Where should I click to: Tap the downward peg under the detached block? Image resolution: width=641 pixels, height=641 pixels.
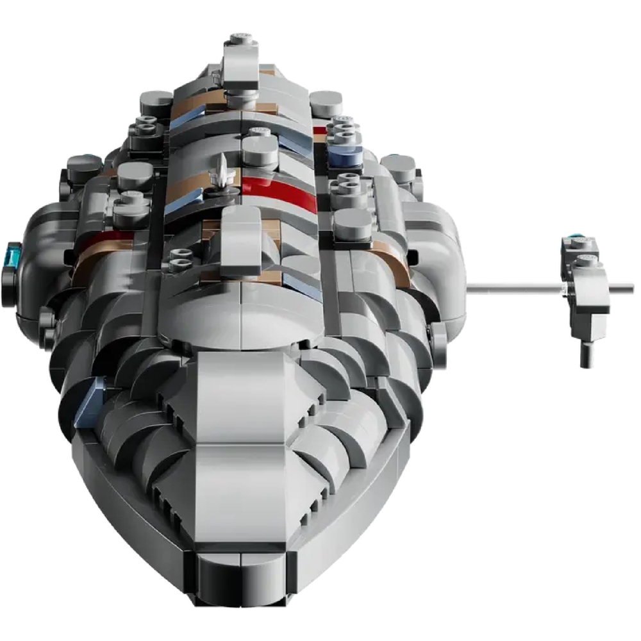[x=585, y=353]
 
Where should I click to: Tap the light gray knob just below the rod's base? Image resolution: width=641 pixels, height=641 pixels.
[x=440, y=333]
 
